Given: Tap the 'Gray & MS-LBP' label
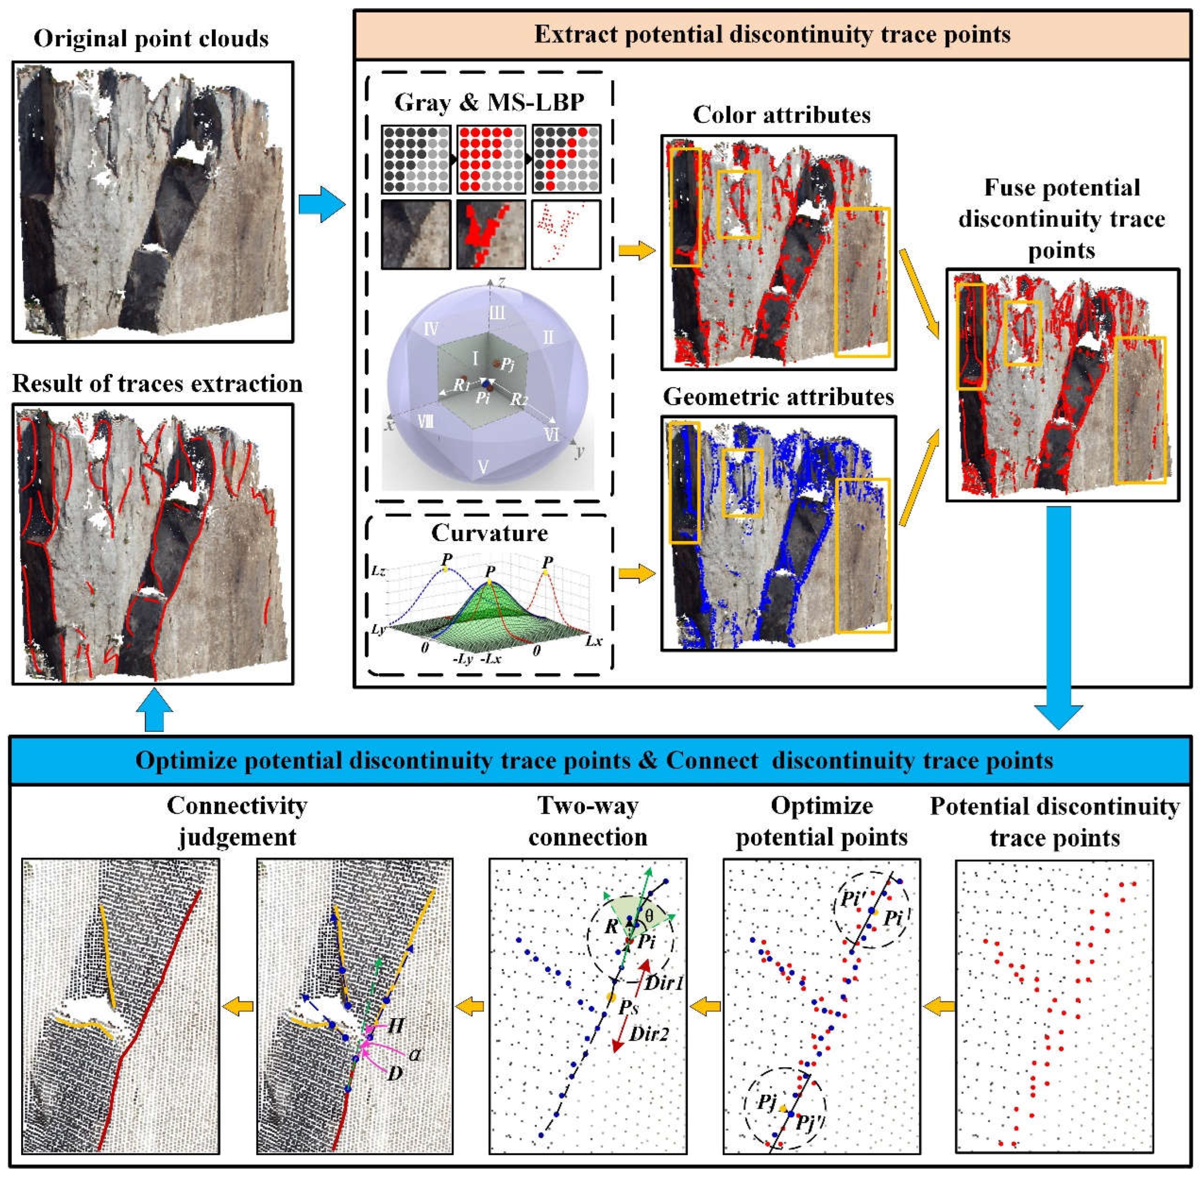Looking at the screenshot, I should click(x=489, y=102).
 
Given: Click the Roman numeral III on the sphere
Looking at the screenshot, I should click(x=497, y=313).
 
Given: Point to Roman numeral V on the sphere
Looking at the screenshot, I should click(x=483, y=466).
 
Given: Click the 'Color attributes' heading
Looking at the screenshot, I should click(x=781, y=115).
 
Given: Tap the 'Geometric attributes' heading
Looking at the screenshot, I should click(x=779, y=397).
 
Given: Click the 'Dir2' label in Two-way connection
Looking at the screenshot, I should click(x=648, y=1033).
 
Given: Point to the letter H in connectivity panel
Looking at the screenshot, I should click(x=395, y=1025).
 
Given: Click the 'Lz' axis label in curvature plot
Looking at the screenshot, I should click(x=378, y=570).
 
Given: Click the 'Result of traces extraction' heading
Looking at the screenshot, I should click(x=157, y=384).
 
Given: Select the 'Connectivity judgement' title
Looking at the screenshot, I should click(x=237, y=821).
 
